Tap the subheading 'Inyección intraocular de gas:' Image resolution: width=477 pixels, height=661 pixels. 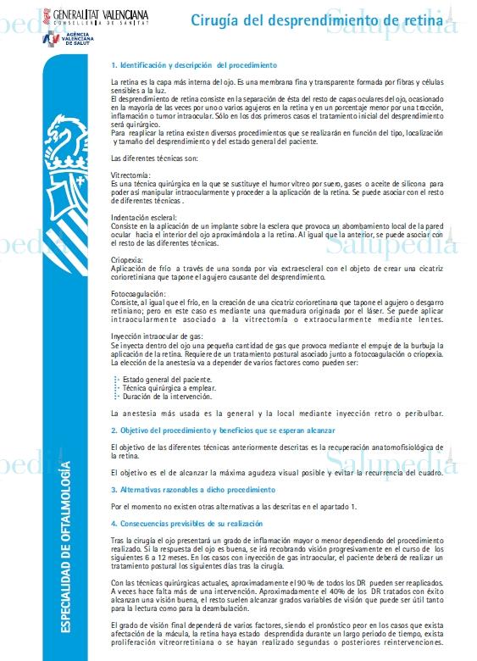pos(156,336)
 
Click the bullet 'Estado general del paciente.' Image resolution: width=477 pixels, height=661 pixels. pos(166,379)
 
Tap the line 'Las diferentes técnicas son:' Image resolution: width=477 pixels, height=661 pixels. pos(154,158)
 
